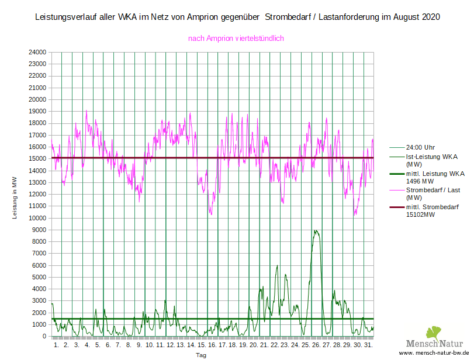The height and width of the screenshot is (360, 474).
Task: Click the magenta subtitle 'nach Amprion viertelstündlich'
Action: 236,39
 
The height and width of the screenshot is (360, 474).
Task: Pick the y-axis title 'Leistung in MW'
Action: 15,199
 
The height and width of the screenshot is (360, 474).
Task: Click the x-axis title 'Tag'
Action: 201,355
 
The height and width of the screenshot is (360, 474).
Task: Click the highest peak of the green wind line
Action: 316,230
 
